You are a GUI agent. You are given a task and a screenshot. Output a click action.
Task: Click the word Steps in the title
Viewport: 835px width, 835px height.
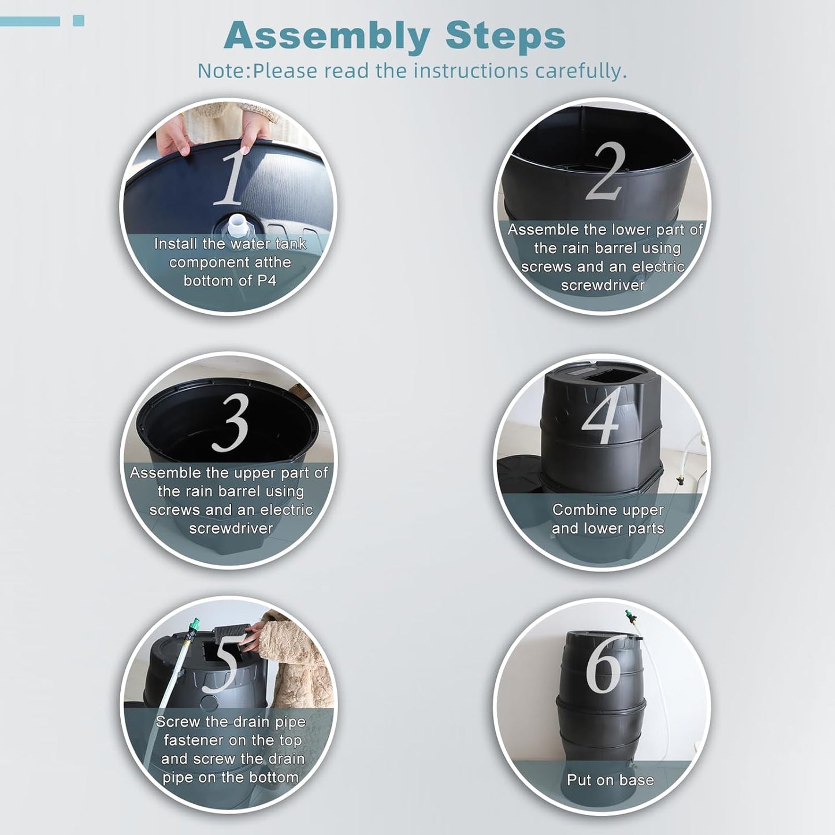coord(505,37)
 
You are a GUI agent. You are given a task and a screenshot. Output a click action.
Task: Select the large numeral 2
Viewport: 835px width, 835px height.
coord(606,172)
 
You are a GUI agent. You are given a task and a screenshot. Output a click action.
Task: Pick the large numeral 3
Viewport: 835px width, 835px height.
coord(230,422)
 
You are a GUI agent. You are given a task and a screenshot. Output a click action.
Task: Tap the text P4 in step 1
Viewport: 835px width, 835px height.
coord(266,281)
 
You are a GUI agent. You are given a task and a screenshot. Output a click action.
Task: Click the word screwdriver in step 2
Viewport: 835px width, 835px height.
coord(603,285)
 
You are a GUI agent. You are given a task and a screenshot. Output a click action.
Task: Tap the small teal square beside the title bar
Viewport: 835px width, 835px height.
coord(79,20)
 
